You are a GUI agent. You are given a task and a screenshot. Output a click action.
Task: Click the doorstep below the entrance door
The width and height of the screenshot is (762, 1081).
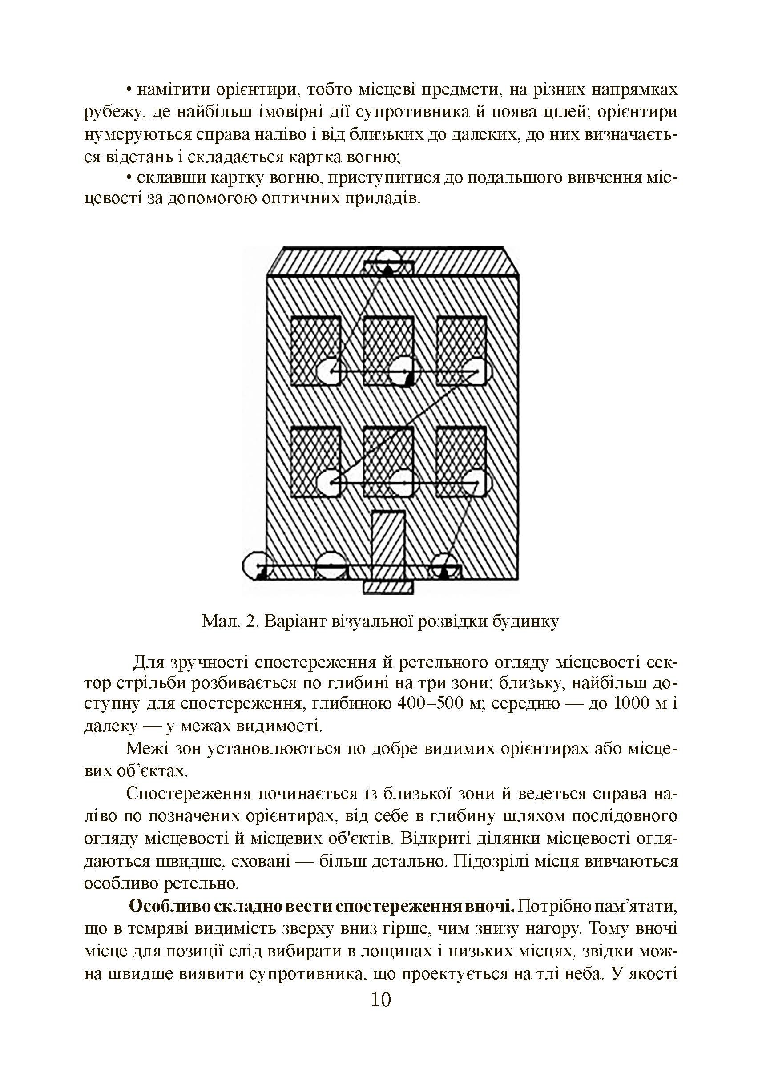pos(388,588)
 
